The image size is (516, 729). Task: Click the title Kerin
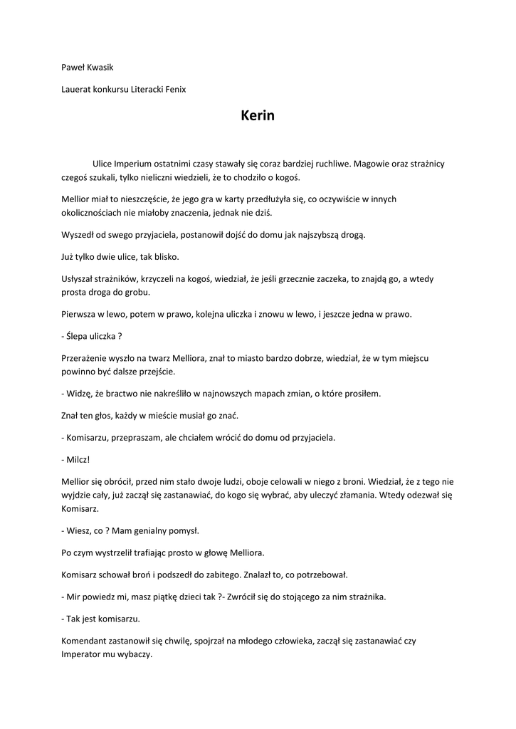[257, 115]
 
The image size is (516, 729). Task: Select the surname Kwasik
[101, 67]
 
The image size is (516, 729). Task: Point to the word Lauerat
[77, 89]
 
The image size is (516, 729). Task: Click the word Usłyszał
[79, 280]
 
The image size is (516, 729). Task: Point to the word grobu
[136, 293]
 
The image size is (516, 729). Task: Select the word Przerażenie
[86, 359]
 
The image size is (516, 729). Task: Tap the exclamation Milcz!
[78, 459]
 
